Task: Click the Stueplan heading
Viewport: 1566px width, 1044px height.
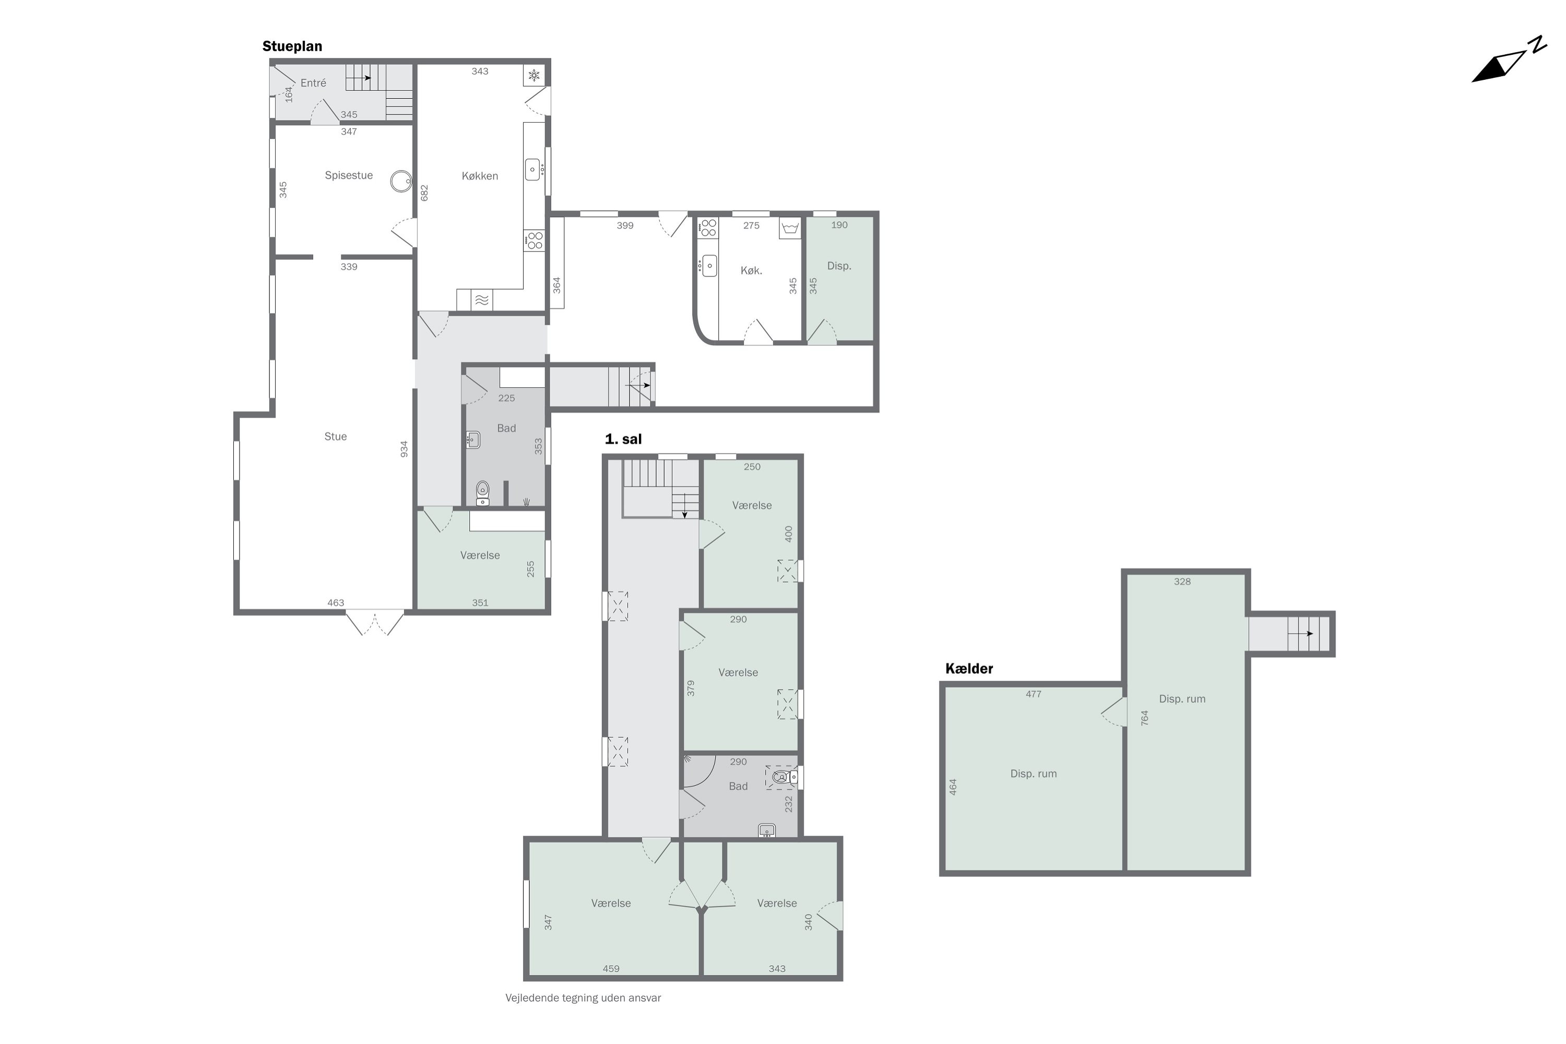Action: (292, 46)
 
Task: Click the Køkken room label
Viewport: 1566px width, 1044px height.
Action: (479, 176)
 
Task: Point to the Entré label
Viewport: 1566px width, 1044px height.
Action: (313, 83)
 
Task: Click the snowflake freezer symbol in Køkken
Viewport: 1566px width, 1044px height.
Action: (534, 76)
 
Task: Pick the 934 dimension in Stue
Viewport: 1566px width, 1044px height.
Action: (404, 449)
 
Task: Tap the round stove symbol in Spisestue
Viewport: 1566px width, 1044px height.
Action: (401, 181)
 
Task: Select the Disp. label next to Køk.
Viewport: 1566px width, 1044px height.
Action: (839, 266)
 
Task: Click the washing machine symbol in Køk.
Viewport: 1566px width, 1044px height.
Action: (790, 229)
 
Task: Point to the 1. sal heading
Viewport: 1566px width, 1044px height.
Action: (623, 440)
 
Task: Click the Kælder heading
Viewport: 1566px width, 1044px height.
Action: (969, 669)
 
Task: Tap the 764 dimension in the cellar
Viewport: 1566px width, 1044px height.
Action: (1145, 718)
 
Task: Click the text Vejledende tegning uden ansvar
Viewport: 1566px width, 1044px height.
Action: (583, 998)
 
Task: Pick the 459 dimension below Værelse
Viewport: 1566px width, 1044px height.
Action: (611, 969)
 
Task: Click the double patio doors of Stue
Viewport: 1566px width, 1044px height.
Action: (375, 623)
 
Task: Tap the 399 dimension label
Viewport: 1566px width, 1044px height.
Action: (624, 226)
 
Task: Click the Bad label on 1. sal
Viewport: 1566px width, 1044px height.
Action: (738, 786)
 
